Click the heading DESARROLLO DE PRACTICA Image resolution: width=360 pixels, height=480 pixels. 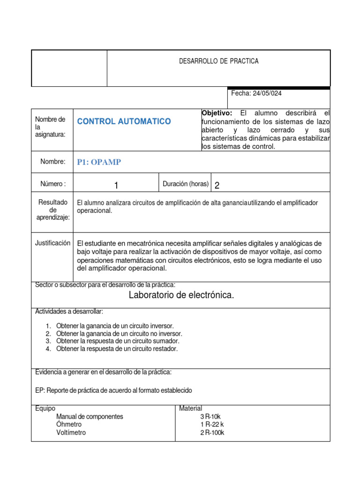(218, 61)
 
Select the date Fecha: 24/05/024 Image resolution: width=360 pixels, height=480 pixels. (256, 93)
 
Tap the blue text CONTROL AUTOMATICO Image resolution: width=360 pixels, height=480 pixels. (124, 121)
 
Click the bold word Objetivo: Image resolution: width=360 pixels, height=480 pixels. (217, 113)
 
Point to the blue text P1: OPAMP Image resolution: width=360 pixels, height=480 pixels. (99, 162)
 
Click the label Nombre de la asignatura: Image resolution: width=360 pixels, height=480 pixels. (50, 127)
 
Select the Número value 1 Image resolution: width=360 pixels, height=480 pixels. (116, 186)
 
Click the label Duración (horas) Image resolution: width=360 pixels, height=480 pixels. (185, 184)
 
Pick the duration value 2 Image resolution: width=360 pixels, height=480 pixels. (217, 186)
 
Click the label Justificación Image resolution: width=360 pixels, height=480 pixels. (52, 243)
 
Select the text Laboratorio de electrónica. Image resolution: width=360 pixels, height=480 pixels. (181, 295)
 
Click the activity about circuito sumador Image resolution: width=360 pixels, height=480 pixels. (118, 341)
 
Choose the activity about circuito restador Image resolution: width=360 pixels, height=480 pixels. (117, 349)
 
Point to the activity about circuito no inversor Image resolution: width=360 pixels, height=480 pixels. (119, 333)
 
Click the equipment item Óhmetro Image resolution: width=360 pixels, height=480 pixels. (68, 425)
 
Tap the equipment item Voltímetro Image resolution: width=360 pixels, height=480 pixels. (71, 433)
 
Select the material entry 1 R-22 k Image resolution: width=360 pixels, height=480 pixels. (212, 425)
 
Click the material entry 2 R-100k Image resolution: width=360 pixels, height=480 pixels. (212, 433)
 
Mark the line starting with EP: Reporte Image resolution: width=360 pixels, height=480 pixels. (113, 390)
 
